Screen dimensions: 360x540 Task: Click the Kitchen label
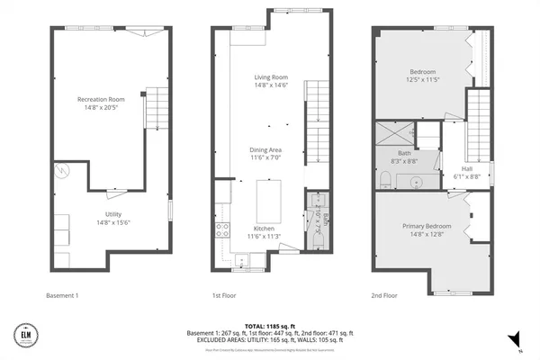[x=263, y=229]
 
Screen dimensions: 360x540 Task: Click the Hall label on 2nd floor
[x=466, y=167]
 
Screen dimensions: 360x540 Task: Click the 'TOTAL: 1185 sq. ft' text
[x=269, y=325]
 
